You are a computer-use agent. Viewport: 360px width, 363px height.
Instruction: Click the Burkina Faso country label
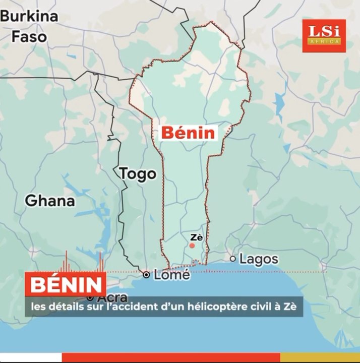click(29, 27)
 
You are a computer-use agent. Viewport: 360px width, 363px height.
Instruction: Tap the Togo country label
click(138, 174)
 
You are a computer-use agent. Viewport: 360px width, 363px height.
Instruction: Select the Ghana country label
click(50, 201)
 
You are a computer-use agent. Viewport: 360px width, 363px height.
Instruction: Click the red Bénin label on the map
click(188, 133)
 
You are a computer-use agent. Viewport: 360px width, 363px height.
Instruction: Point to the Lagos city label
click(258, 259)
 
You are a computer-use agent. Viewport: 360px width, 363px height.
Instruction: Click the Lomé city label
click(171, 275)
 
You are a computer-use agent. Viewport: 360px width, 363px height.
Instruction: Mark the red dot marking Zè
click(192, 246)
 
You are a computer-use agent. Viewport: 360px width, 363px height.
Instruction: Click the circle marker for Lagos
click(233, 259)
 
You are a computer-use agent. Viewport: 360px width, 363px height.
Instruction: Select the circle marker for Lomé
click(146, 275)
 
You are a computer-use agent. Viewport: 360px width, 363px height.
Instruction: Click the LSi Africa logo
click(324, 35)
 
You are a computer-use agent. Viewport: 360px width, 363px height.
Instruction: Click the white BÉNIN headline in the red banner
click(65, 285)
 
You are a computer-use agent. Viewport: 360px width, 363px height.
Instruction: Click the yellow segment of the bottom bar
click(320, 357)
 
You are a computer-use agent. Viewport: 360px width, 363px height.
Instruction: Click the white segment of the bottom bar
click(30, 357)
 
